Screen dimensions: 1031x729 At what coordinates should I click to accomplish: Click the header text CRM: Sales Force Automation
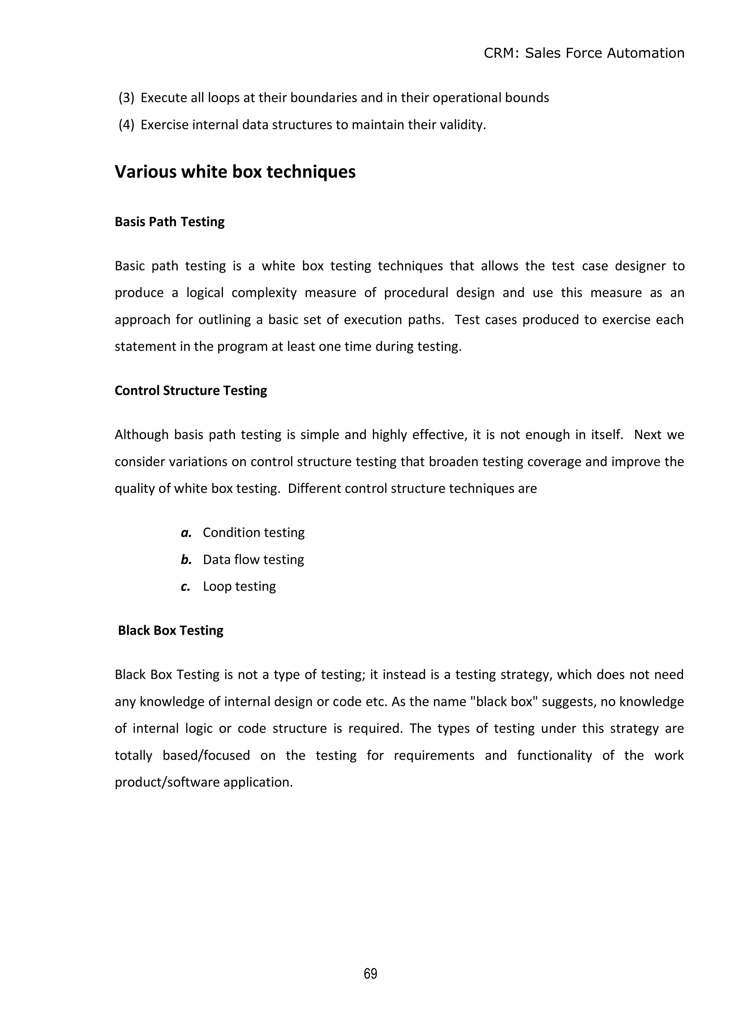coord(583,53)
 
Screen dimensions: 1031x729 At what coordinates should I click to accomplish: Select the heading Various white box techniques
coord(235,172)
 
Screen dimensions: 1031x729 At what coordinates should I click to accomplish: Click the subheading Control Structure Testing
coord(190,391)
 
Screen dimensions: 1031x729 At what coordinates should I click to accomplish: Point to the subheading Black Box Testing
coord(170,630)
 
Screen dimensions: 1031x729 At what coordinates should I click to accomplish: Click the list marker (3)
coord(126,98)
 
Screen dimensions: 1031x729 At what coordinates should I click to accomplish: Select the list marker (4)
coord(126,125)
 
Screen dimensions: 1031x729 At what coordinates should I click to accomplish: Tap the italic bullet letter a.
coord(186,532)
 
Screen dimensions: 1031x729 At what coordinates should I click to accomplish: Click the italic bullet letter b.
coord(186,559)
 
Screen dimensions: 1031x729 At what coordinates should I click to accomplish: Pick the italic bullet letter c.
coord(185,587)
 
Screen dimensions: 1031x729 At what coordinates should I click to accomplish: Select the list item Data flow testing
coord(253,559)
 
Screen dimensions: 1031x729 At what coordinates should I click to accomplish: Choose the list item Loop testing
coord(239,587)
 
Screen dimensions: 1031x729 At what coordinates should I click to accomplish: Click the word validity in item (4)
coord(463,125)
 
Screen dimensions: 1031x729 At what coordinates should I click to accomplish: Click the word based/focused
coord(206,755)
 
